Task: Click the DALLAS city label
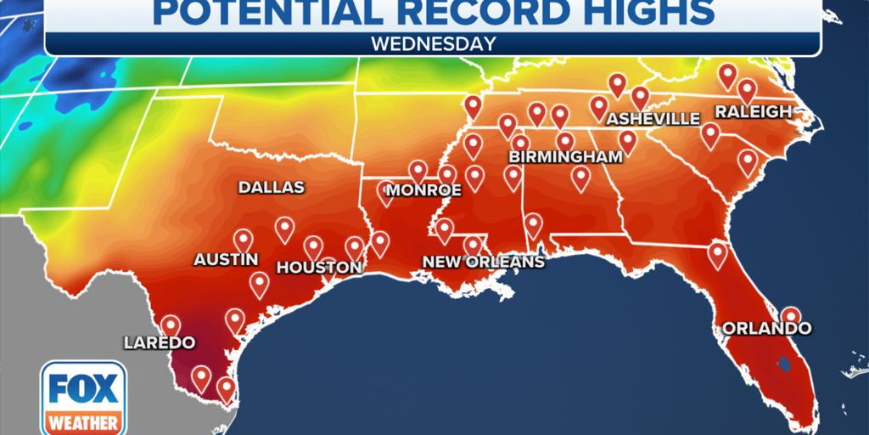coord(271,187)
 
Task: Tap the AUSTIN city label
coord(226,259)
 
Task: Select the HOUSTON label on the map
coord(319,267)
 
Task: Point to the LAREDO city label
coord(159,343)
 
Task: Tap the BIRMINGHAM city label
coord(565,157)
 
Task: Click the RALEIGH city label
coord(753,111)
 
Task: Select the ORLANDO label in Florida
coord(766,328)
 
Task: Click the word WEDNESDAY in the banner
coord(434,43)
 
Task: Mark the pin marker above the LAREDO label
coord(171,325)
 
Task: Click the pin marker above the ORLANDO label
coord(790,316)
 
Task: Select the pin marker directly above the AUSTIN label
coord(244,240)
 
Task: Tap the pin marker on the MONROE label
coord(386,193)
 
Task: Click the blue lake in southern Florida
coord(782,364)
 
